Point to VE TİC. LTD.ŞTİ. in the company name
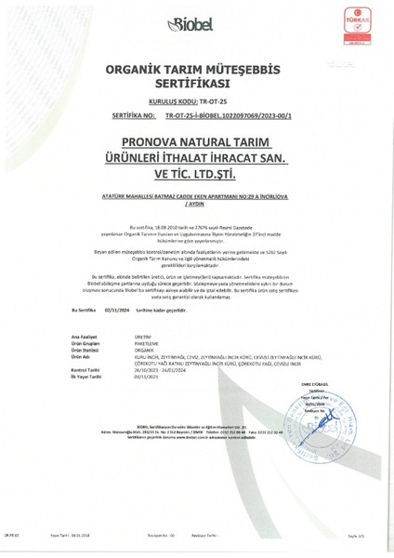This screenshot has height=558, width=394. [196, 173]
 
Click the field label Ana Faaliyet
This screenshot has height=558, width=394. [84, 333]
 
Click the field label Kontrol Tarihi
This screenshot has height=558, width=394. [85, 369]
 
